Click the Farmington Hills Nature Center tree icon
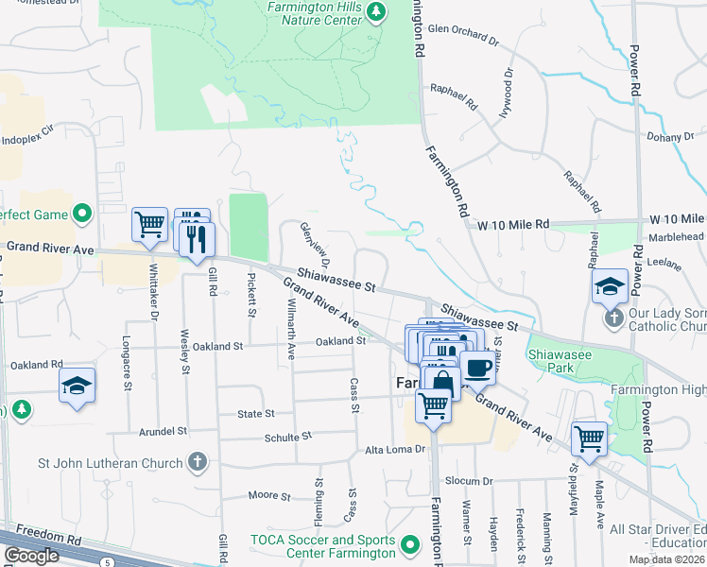pos(376,11)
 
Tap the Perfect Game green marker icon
pos(82,215)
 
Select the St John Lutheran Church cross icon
pos(196,462)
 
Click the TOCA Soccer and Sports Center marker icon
pos(409,545)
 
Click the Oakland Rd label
pos(36,364)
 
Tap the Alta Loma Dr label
pos(395,451)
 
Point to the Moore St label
pos(269,495)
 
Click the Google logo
pos(31,556)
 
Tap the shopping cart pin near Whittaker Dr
pos(149,224)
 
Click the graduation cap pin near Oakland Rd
pos(77,385)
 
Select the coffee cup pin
pos(479,365)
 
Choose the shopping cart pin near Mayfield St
pos(589,438)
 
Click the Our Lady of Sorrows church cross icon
pos(614,317)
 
